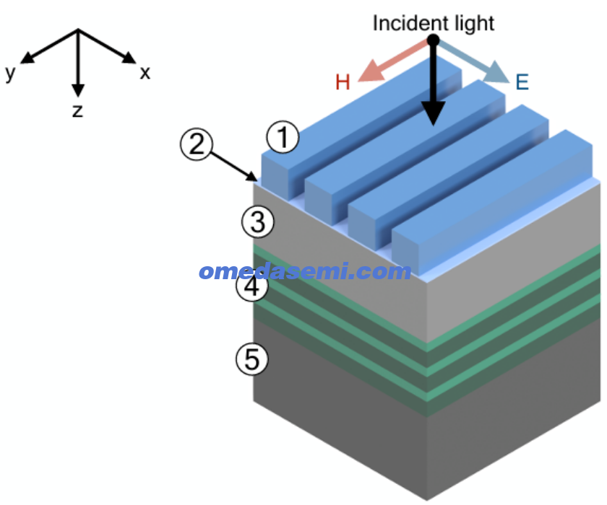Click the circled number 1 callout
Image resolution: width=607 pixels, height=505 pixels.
tap(283, 137)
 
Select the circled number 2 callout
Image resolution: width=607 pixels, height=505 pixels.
tap(197, 144)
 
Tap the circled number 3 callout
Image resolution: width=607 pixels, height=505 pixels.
tap(258, 221)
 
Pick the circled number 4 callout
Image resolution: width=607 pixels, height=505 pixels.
tap(252, 286)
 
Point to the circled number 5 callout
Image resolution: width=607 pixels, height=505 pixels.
tap(252, 359)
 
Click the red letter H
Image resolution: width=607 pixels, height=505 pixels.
tap(343, 82)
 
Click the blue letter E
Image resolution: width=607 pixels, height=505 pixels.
tap(522, 82)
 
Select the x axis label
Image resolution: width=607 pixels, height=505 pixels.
tap(145, 73)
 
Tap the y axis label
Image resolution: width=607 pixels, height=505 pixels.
tap(10, 73)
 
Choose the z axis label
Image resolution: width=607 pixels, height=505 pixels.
tap(78, 111)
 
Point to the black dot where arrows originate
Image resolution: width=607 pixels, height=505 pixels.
tap(433, 40)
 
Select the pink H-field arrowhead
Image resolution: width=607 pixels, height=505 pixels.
tap(371, 71)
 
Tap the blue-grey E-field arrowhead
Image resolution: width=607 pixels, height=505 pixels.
tap(497, 72)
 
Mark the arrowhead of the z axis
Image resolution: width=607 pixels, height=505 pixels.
tap(78, 90)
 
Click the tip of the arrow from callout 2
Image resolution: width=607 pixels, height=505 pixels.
tap(257, 180)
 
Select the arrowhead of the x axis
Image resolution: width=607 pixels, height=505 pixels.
tap(129, 58)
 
